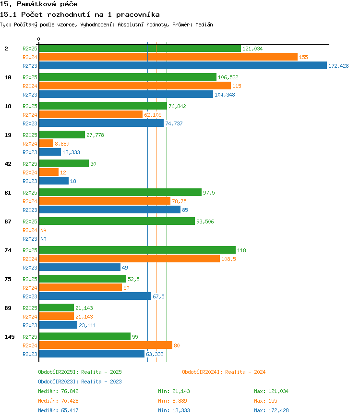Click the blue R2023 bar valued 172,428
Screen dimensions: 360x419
(183, 65)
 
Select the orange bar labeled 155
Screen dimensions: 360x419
(168, 57)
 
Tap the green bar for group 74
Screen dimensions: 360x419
(137, 250)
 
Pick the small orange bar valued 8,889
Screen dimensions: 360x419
(46, 144)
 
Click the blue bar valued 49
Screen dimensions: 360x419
(80, 268)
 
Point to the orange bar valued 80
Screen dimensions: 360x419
(106, 345)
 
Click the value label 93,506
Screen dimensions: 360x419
(205, 222)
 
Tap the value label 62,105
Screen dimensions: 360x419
(153, 115)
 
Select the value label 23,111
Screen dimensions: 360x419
(87, 325)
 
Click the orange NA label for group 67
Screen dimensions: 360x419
(43, 230)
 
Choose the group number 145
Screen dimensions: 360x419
(10, 337)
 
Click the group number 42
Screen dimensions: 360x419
(8, 164)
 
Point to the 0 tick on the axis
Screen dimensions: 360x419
(39, 39)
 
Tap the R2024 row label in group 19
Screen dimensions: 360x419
(30, 144)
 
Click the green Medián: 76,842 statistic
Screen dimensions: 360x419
(58, 391)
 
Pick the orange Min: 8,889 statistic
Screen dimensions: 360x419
(172, 401)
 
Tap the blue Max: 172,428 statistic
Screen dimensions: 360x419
(271, 410)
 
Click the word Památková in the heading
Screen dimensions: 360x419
(36, 4)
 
